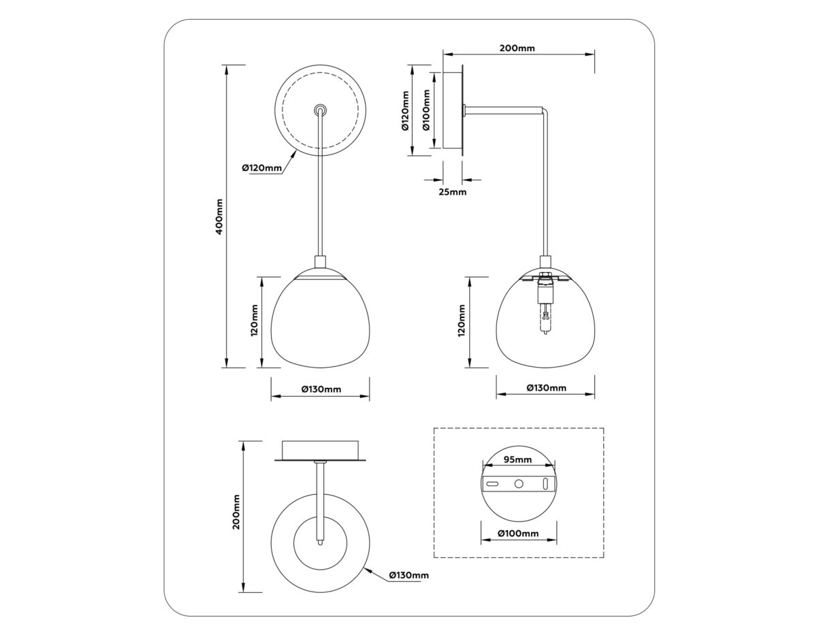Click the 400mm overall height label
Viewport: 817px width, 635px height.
click(219, 216)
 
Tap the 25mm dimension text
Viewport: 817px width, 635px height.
click(452, 193)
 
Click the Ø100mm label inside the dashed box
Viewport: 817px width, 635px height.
click(518, 533)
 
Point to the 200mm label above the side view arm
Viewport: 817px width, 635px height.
click(517, 48)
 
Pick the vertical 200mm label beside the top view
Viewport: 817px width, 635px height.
click(236, 512)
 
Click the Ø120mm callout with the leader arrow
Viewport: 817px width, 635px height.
click(261, 168)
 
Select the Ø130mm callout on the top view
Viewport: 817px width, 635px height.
click(408, 575)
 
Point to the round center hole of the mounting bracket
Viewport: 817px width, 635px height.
click(519, 483)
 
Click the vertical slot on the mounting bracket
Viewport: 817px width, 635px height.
click(546, 483)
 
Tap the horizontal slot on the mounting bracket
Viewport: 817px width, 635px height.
click(493, 483)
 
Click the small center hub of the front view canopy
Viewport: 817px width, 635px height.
click(320, 110)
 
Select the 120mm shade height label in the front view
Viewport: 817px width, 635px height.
click(254, 321)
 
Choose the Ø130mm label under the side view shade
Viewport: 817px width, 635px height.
click(546, 388)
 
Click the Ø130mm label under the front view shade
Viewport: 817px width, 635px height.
click(321, 389)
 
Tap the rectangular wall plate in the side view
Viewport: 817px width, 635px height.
click(452, 110)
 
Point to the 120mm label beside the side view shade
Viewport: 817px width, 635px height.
click(462, 321)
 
